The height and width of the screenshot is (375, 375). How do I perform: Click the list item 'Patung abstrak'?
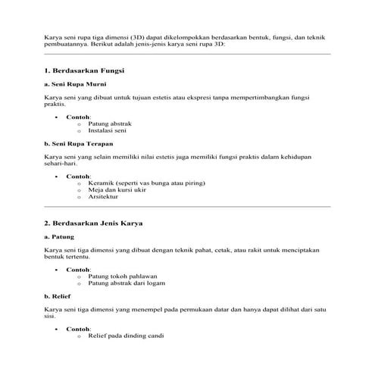click(111, 123)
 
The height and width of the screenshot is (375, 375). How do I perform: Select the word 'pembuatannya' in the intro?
click(69, 43)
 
